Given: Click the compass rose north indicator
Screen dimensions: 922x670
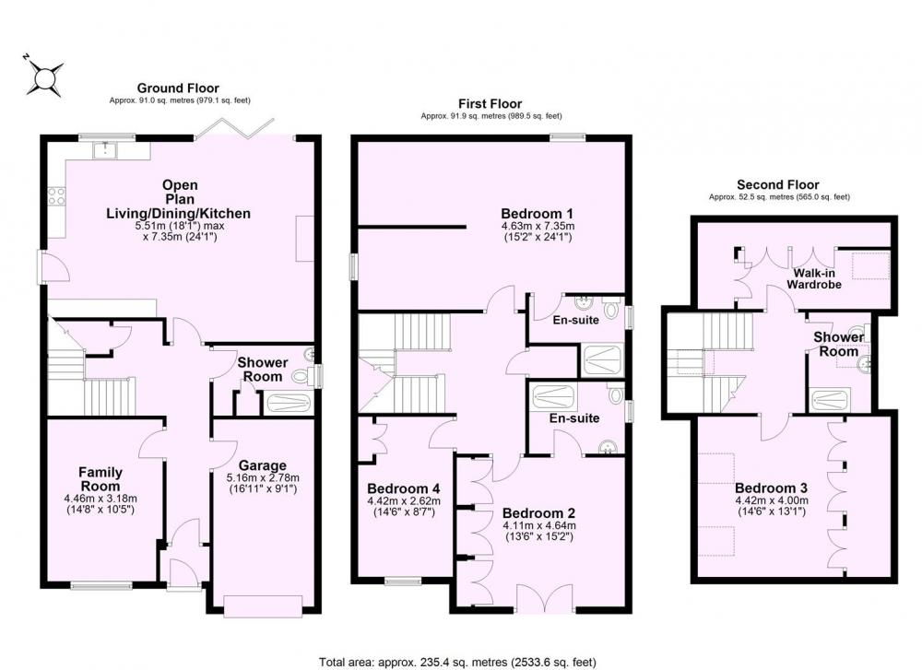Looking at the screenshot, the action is (44, 77).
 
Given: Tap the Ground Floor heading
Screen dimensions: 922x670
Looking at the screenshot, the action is (178, 88).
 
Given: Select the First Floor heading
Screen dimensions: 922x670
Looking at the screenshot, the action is (491, 104).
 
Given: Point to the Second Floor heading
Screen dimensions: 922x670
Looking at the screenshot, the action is (778, 184).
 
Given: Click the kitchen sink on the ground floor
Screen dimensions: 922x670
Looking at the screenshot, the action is (105, 150).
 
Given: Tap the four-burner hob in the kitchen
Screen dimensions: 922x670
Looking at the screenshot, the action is (56, 196).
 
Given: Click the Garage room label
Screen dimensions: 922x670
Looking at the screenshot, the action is (263, 466).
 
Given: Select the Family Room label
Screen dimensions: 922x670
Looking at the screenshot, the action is (100, 479).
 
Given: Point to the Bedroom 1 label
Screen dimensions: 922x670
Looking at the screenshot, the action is (538, 213).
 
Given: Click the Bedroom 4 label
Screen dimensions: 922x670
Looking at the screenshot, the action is (404, 489).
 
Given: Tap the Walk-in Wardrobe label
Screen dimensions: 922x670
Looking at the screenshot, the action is (814, 278).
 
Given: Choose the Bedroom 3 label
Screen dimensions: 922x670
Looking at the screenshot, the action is (771, 488).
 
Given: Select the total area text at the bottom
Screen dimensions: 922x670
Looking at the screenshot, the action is (457, 663).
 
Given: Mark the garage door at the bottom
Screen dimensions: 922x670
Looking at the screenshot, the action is (264, 606).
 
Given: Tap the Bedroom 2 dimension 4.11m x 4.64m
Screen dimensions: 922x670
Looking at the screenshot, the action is (539, 525).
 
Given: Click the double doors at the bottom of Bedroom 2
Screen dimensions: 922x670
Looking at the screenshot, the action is (545, 598).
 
